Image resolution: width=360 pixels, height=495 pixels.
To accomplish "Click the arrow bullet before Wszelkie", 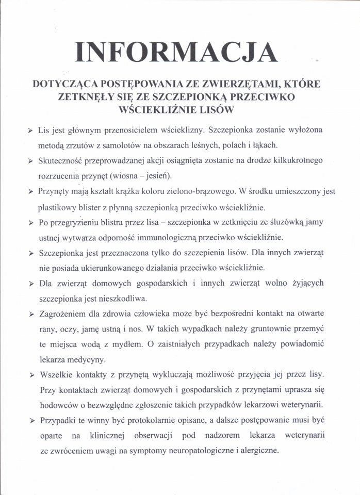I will [x=31, y=373].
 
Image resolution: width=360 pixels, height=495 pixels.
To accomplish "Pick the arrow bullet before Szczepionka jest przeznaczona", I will [x=31, y=254].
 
